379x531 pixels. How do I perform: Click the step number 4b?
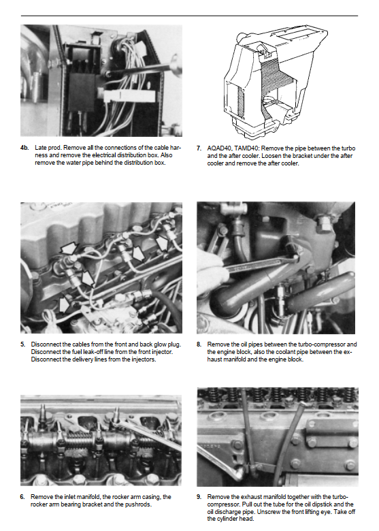pyautogui.click(x=24, y=148)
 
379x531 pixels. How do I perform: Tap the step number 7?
pyautogui.click(x=199, y=148)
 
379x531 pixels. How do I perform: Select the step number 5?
pyautogui.click(x=22, y=344)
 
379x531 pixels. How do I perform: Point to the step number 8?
pyautogui.click(x=199, y=344)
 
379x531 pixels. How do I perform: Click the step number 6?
pyautogui.click(x=22, y=497)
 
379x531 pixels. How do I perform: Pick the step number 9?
pyautogui.click(x=199, y=497)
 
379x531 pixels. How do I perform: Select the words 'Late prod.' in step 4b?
pyautogui.click(x=48, y=148)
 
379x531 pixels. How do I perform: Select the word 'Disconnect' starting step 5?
pyautogui.click(x=46, y=344)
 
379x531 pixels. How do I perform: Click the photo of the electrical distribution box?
pyautogui.click(x=101, y=80)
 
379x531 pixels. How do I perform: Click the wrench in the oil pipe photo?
pyautogui.click(x=261, y=263)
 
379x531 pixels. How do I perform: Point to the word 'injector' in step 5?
pyautogui.click(x=162, y=352)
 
